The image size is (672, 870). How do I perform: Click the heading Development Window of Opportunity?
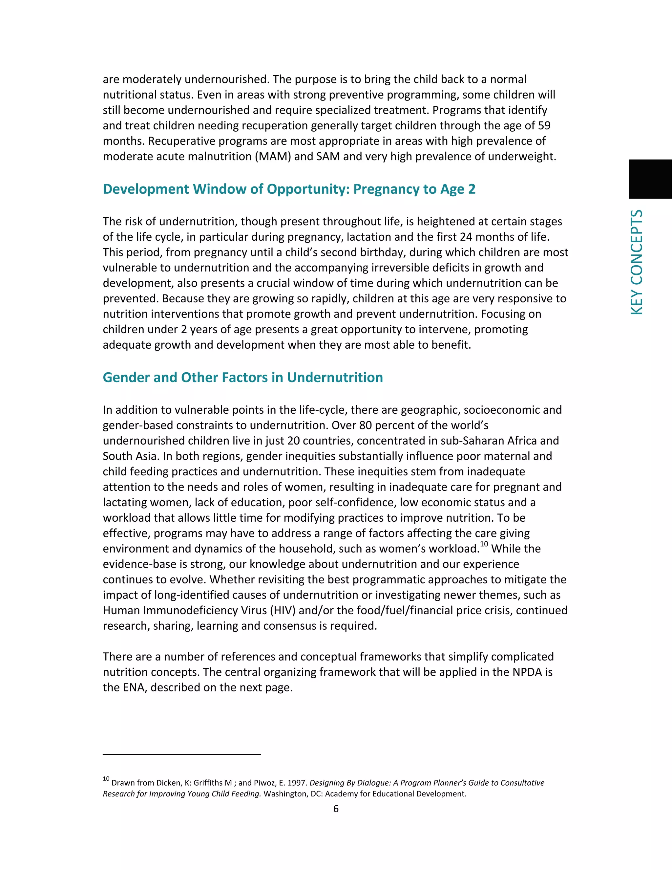coord(289,189)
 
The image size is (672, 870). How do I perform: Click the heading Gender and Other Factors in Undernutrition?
coord(242,378)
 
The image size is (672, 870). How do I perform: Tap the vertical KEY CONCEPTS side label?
coord(637,262)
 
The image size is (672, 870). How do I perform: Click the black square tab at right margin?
coord(650,179)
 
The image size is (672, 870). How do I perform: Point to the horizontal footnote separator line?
coord(181,754)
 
